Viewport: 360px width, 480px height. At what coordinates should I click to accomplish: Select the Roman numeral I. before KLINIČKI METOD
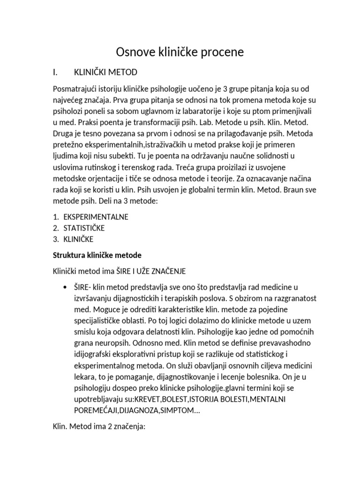pos(55,72)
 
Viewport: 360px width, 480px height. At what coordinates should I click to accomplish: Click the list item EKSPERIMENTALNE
pos(96,217)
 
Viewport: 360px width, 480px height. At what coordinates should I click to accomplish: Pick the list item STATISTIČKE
pos(84,228)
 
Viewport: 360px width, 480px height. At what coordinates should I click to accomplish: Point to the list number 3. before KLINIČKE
pos(55,239)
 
